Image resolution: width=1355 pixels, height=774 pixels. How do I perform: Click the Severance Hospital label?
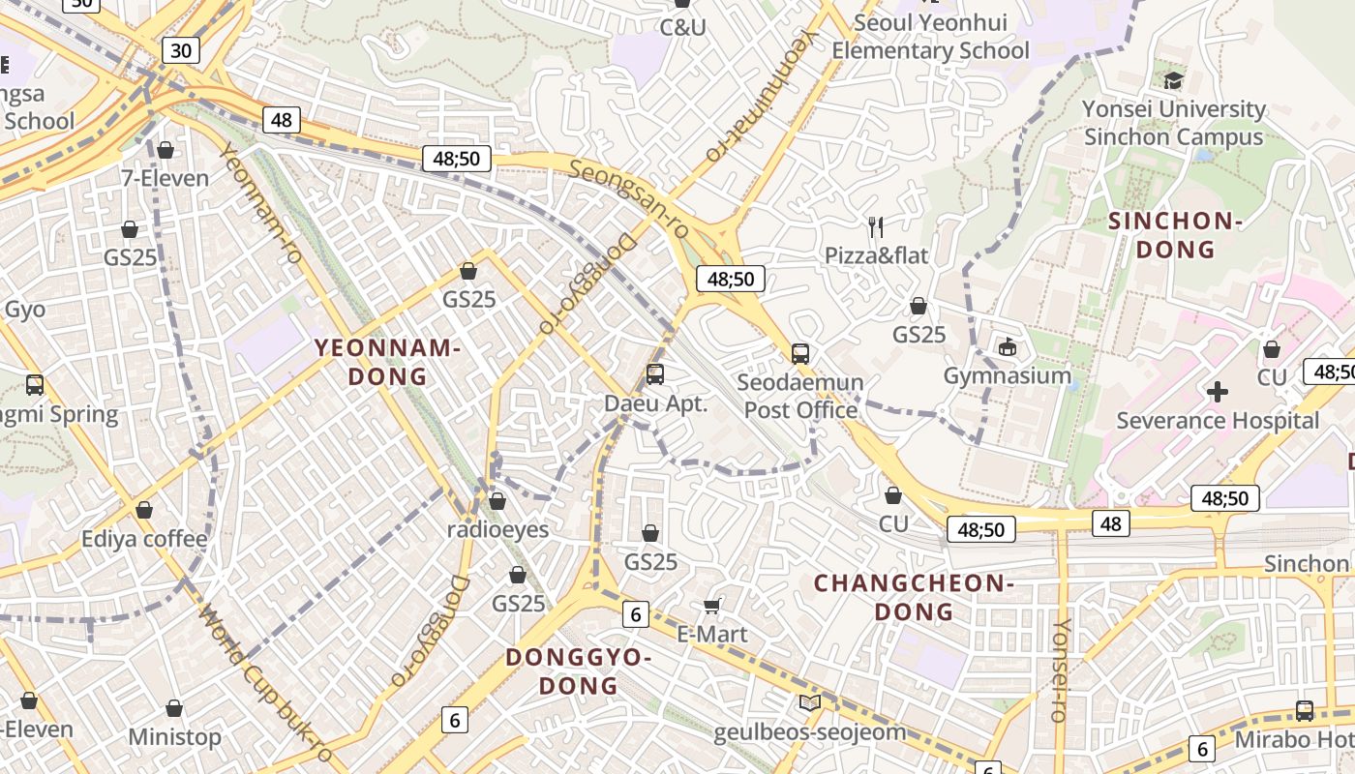[1218, 421]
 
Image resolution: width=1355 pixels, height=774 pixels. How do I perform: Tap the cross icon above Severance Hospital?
[1218, 392]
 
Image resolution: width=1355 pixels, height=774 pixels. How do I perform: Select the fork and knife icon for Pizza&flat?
[876, 227]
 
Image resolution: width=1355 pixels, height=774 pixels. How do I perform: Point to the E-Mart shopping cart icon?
[712, 607]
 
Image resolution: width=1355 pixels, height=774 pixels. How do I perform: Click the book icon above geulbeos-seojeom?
[810, 703]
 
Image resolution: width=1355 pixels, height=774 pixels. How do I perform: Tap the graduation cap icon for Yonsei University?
[1174, 80]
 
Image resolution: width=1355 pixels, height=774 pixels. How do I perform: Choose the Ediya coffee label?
[144, 539]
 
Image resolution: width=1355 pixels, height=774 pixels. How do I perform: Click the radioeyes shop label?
[497, 529]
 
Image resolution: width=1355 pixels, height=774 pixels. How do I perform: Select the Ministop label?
[174, 737]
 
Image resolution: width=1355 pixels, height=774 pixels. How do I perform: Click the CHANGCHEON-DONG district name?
[914, 597]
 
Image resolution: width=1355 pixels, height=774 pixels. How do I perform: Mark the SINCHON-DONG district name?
[1175, 235]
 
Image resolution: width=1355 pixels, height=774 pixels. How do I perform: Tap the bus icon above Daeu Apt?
[655, 374]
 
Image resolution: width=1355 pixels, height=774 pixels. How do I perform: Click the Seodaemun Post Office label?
[800, 396]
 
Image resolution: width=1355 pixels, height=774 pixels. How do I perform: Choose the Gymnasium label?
[1007, 375]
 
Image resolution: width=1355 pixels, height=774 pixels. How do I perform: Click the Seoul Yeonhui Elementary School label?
[930, 37]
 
